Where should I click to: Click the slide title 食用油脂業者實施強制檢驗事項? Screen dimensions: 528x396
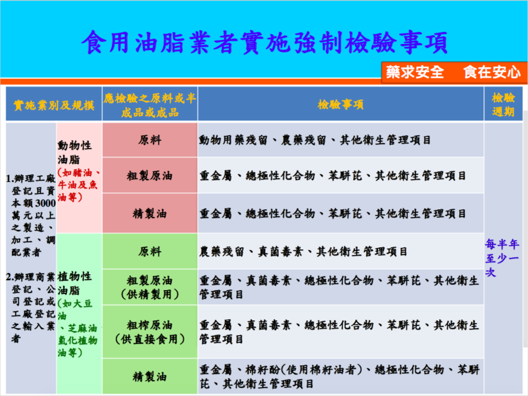[265, 43]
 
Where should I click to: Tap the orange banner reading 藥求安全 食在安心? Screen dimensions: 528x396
[454, 72]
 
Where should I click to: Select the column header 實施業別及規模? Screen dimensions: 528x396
[54, 105]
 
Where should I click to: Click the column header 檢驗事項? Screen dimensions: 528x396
[340, 104]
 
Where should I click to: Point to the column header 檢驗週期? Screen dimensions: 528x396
[503, 104]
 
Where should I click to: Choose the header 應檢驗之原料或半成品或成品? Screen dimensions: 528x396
[150, 105]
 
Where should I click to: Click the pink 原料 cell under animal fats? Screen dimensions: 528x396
[150, 140]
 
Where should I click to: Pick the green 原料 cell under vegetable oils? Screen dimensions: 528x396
[150, 252]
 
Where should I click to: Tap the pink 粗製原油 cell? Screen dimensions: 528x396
[150, 175]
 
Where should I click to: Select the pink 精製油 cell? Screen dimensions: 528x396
[150, 214]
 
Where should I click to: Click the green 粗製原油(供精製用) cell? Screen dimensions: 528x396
[150, 287]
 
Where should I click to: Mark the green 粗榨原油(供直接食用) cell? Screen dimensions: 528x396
[150, 332]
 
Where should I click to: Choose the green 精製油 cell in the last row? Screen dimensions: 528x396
[150, 377]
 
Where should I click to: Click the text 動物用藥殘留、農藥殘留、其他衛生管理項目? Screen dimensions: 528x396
[315, 140]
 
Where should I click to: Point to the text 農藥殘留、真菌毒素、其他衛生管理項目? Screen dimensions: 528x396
[303, 252]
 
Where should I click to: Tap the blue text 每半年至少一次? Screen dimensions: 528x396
[502, 258]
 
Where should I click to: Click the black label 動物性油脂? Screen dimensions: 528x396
[74, 152]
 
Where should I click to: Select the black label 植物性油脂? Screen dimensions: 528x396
[74, 283]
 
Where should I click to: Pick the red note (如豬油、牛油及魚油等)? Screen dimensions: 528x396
[79, 185]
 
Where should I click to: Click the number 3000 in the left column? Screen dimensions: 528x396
[46, 203]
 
